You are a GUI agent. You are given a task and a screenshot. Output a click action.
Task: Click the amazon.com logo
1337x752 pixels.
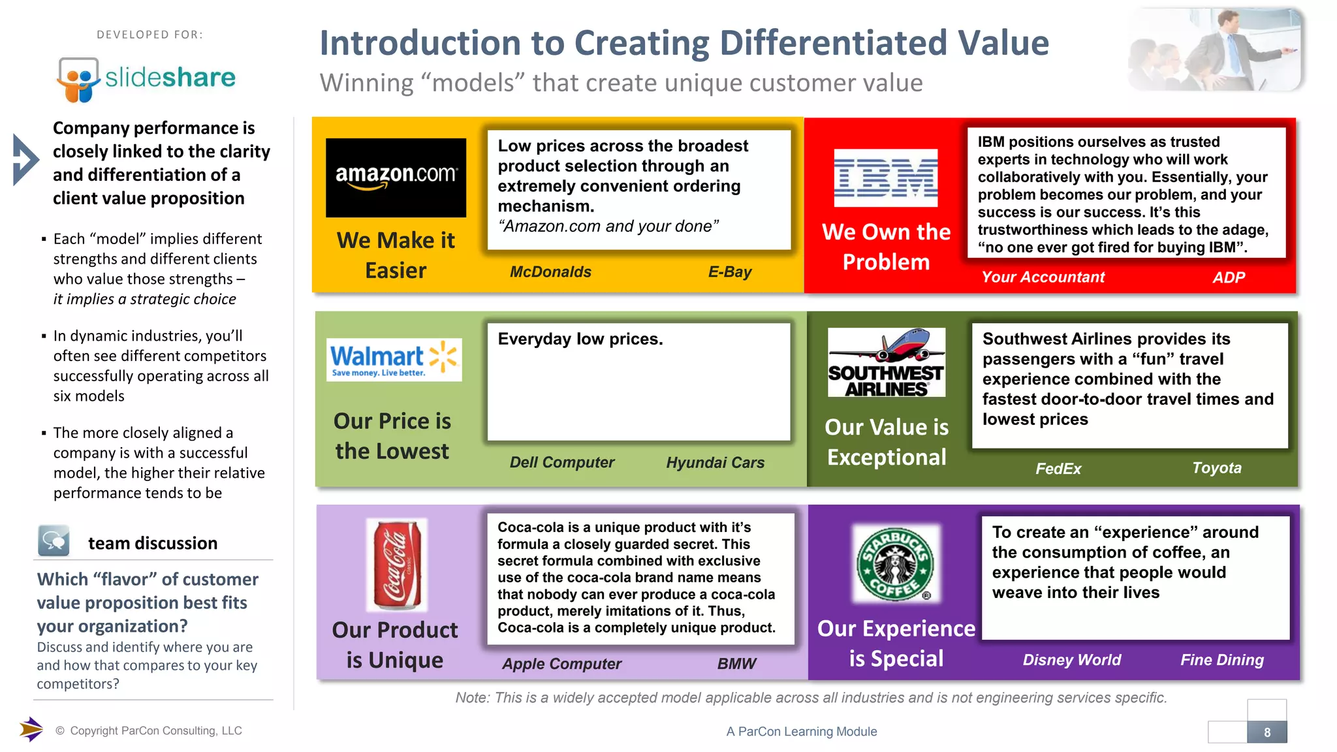tap(396, 178)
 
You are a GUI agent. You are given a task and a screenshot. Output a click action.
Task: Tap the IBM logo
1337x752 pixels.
tap(886, 178)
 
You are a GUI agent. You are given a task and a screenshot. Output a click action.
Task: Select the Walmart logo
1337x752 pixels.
tap(394, 360)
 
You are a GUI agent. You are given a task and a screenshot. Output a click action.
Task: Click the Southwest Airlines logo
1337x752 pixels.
tap(886, 362)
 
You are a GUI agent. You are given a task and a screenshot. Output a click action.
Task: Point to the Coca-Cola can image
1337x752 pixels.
tap(397, 565)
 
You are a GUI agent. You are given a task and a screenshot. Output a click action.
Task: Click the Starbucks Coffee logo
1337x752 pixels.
tap(896, 564)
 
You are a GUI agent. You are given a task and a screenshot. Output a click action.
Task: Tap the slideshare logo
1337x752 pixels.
tap(146, 79)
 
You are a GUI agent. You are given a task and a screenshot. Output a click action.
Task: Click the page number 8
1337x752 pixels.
tap(1266, 732)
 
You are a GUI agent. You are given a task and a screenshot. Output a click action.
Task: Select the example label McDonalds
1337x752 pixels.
tap(550, 272)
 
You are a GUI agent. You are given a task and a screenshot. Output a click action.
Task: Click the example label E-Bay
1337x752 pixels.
tap(730, 272)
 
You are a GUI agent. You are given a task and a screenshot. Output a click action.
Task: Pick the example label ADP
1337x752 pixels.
tap(1229, 277)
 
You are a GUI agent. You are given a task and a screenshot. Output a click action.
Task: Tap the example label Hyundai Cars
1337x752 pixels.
tap(715, 463)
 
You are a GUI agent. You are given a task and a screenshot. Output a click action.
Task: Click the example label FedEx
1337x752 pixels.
tap(1058, 469)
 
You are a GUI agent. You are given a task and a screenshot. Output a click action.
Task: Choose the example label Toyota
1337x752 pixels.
tap(1216, 468)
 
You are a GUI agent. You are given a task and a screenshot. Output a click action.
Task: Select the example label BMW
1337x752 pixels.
tap(736, 664)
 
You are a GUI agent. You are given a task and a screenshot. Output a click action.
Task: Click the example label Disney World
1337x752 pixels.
tap(1071, 660)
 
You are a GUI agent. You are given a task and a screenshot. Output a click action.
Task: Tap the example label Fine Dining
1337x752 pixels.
tap(1221, 660)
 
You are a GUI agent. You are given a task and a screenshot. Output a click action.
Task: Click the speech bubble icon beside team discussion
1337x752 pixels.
tap(54, 540)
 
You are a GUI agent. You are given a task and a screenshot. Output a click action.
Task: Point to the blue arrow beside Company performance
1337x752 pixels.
tap(25, 160)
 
